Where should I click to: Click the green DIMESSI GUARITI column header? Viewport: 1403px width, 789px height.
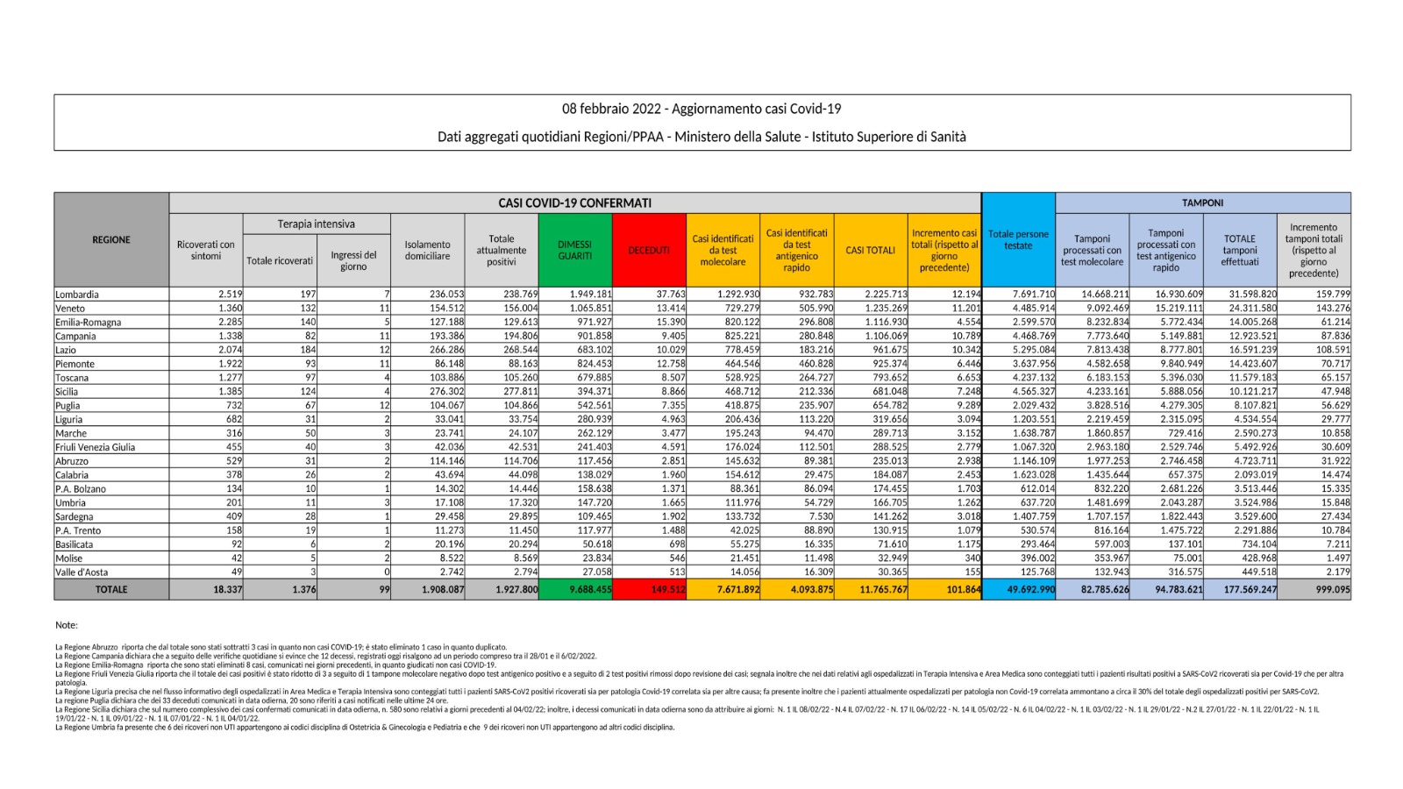(x=575, y=250)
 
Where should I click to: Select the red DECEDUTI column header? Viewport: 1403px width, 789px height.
(x=649, y=250)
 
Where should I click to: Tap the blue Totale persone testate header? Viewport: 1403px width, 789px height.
(x=1018, y=239)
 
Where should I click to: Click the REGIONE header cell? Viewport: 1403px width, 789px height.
(x=111, y=239)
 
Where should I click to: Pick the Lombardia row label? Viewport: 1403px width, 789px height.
(x=77, y=295)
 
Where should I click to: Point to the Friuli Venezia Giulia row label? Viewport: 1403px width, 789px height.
(x=96, y=447)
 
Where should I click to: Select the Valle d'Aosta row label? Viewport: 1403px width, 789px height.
(x=82, y=572)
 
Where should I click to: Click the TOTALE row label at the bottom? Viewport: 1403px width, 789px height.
(x=111, y=590)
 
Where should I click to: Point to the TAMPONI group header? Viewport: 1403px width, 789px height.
(x=1202, y=203)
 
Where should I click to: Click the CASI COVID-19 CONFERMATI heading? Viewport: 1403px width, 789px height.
(x=574, y=203)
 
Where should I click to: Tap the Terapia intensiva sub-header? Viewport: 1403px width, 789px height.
(x=316, y=224)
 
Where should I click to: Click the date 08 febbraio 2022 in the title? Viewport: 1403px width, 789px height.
(x=613, y=109)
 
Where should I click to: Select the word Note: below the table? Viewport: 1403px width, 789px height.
(x=67, y=625)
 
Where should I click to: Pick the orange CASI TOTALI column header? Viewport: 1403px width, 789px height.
(x=870, y=250)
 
